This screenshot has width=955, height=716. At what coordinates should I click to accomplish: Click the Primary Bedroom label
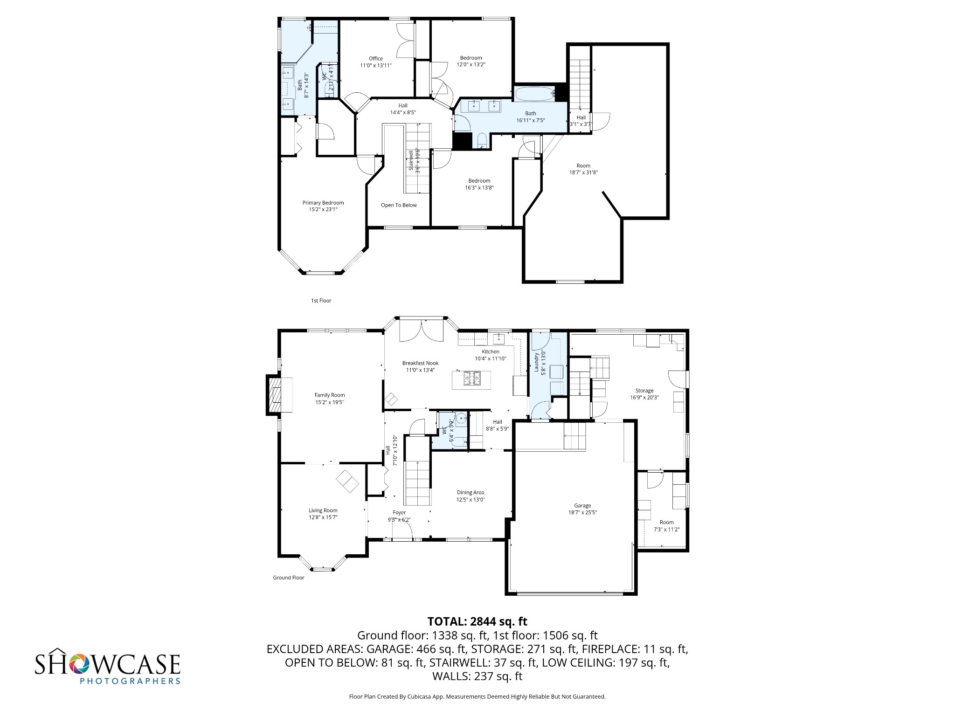[323, 203]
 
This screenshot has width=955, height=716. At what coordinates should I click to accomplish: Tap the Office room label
[375, 59]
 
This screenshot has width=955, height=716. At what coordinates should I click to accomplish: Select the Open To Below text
[399, 205]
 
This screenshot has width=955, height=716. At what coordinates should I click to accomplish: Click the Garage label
[582, 505]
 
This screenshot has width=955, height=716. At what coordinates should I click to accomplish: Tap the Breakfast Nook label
[420, 363]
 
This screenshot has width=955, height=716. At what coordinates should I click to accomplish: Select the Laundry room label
[537, 363]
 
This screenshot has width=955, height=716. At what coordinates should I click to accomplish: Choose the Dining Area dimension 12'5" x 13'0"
[471, 499]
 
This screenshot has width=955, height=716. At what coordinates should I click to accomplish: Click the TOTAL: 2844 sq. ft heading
[477, 621]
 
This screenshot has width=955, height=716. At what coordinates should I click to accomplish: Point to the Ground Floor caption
[288, 578]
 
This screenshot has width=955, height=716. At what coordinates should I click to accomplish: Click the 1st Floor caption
[321, 301]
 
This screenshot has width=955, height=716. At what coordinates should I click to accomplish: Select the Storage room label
[644, 391]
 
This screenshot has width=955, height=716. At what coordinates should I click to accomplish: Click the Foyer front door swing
[406, 529]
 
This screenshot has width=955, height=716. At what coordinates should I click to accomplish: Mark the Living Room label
[323, 510]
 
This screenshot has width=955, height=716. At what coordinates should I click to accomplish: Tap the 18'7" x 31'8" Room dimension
[583, 172]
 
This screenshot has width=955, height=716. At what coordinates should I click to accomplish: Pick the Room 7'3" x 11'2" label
[666, 522]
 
